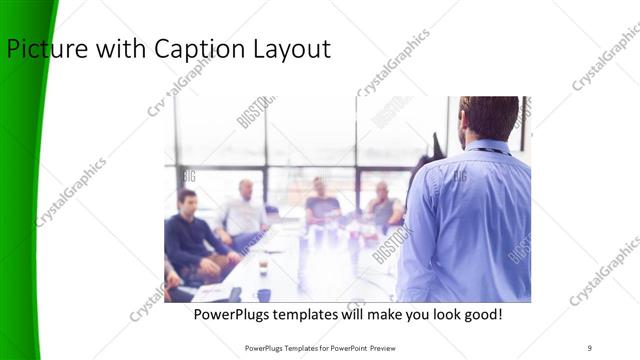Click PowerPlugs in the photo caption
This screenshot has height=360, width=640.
click(x=233, y=315)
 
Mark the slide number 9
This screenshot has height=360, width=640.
click(x=590, y=348)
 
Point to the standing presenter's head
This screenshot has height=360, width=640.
click(x=490, y=118)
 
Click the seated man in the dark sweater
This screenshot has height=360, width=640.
click(x=186, y=235)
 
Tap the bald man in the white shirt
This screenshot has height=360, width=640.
click(x=243, y=210)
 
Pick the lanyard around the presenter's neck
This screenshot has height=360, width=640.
click(x=491, y=151)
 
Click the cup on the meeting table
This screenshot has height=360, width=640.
click(x=263, y=266)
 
